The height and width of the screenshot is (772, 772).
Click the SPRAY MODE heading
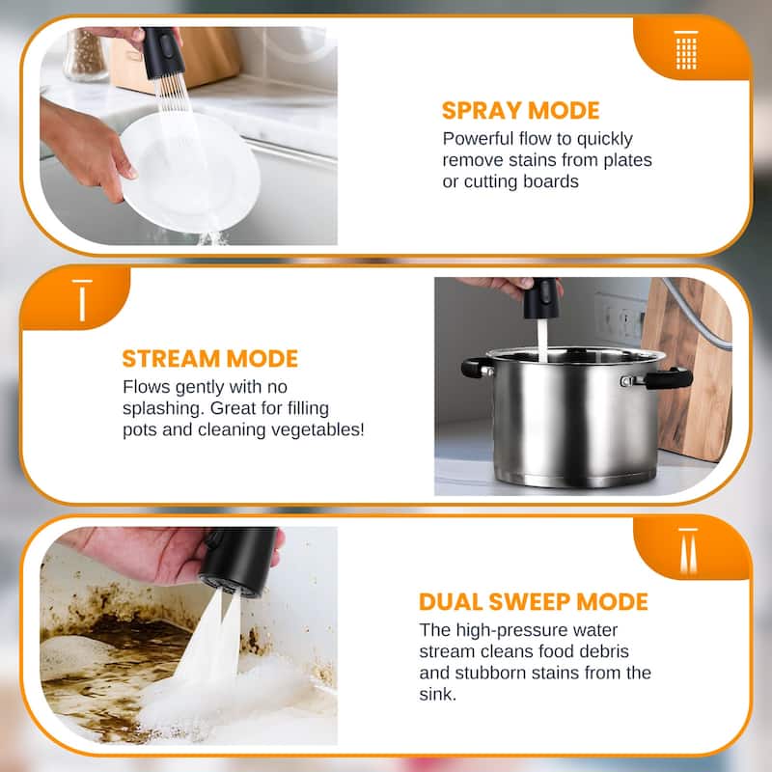(520, 109)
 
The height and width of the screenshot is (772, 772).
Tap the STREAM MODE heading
(209, 359)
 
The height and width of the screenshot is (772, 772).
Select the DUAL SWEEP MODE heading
(534, 602)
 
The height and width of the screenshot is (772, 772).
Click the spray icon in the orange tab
(686, 49)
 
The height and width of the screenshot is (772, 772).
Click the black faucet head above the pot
(542, 298)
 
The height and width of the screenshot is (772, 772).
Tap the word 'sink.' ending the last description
(440, 693)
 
